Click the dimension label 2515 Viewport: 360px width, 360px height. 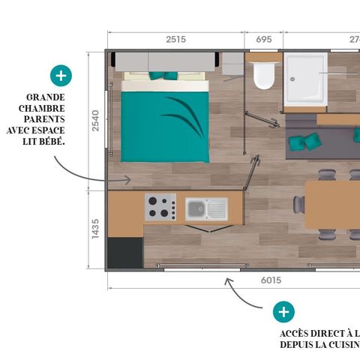175,40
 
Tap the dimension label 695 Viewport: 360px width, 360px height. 264,40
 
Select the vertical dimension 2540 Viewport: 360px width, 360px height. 95,121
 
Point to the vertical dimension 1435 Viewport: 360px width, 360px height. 95,228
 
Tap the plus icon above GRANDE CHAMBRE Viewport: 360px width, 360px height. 60,75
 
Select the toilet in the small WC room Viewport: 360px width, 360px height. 263,76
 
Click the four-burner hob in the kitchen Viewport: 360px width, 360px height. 160,207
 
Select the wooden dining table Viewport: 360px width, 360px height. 333,203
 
